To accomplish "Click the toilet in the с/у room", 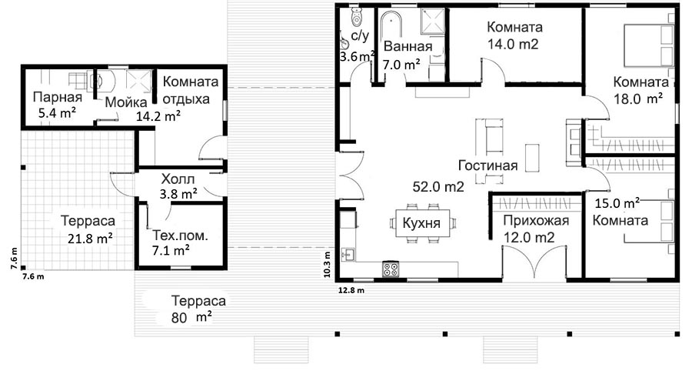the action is (x=356, y=17).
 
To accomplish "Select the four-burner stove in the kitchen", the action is (x=391, y=269).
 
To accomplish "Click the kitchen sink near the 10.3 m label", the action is (x=348, y=255).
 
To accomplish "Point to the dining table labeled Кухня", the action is (x=421, y=223).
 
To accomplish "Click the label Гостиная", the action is (x=487, y=165).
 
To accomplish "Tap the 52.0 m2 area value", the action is (x=438, y=187).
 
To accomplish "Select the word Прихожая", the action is (x=536, y=220).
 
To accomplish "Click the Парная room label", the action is (x=58, y=97).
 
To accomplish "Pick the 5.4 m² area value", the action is (x=57, y=113).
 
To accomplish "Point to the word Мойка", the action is (x=126, y=102).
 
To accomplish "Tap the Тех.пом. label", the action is (x=180, y=236).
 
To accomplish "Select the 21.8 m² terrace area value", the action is (x=90, y=239).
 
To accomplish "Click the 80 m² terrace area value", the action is (x=191, y=317).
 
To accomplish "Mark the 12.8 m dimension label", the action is (x=351, y=290).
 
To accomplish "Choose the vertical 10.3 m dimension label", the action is (x=327, y=264).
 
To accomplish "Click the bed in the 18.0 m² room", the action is (x=650, y=45).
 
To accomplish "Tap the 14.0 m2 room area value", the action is (x=513, y=43).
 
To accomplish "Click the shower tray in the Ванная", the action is (x=432, y=20).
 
